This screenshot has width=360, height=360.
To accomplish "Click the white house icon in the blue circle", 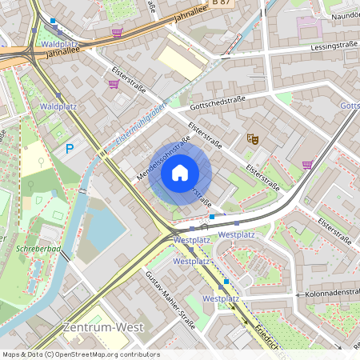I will [179, 172].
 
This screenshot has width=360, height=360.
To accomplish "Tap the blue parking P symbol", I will [70, 148].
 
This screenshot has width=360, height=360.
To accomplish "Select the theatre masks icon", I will [254, 138].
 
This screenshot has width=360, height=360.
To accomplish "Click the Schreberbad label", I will [33, 249].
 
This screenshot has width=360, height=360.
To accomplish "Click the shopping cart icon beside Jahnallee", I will [118, 33].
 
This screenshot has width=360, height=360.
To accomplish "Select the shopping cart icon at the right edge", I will [307, 166].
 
